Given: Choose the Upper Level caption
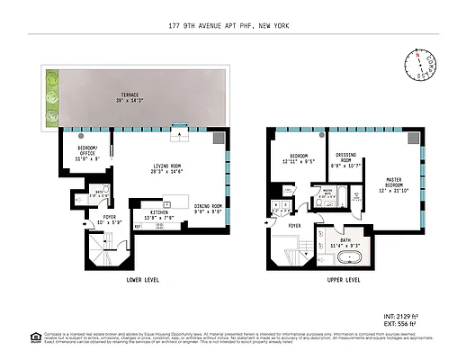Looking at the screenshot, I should (x=343, y=280).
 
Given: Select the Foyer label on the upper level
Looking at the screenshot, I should (x=293, y=214).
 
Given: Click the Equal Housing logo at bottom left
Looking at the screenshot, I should (x=35, y=337).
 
